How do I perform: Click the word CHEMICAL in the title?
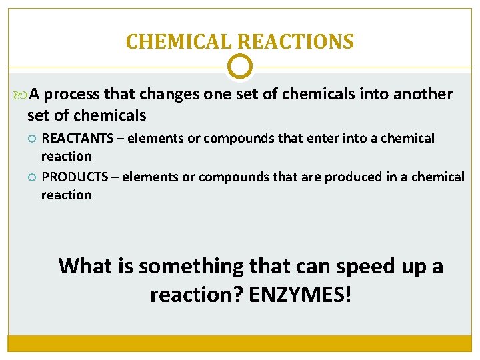click(179, 42)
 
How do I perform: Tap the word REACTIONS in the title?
click(296, 42)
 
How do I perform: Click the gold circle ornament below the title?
click(240, 67)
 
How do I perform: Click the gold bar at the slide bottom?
click(240, 343)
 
